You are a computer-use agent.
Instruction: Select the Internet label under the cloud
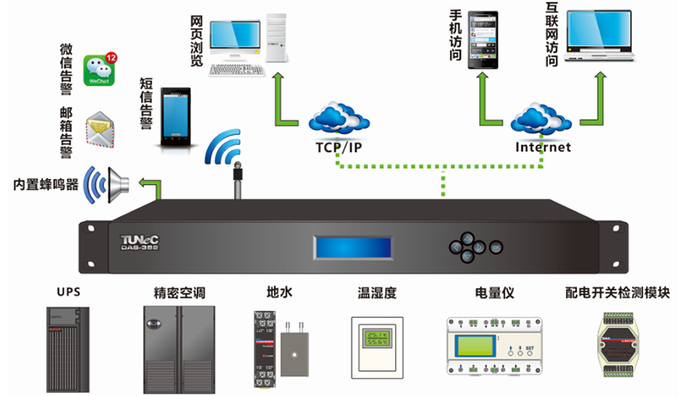click(x=543, y=147)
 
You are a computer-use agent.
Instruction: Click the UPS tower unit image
click(x=68, y=342)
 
